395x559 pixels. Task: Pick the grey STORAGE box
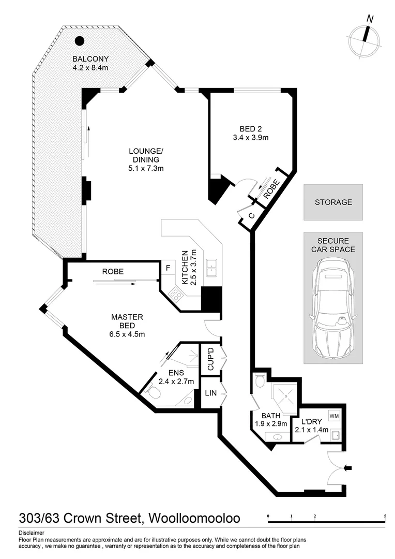pyautogui.click(x=333, y=202)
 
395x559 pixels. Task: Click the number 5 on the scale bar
pyautogui.click(x=385, y=516)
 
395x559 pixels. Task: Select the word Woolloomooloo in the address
pyautogui.click(x=195, y=518)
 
